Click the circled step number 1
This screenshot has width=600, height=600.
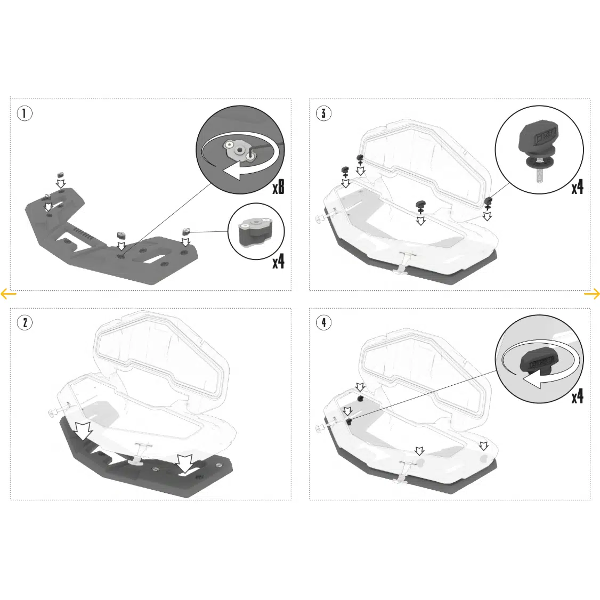point(25,113)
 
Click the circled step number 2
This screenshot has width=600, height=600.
point(25,322)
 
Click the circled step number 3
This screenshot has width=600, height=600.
point(324,113)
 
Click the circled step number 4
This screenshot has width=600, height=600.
point(324,322)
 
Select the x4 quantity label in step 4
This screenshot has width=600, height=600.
point(578,396)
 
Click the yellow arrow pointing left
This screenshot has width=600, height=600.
point(9,294)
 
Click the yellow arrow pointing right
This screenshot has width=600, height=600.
point(592,294)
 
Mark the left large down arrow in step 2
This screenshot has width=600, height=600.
point(83,431)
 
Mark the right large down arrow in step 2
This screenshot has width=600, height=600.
point(185,464)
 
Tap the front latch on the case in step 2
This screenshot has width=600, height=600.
point(140,453)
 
